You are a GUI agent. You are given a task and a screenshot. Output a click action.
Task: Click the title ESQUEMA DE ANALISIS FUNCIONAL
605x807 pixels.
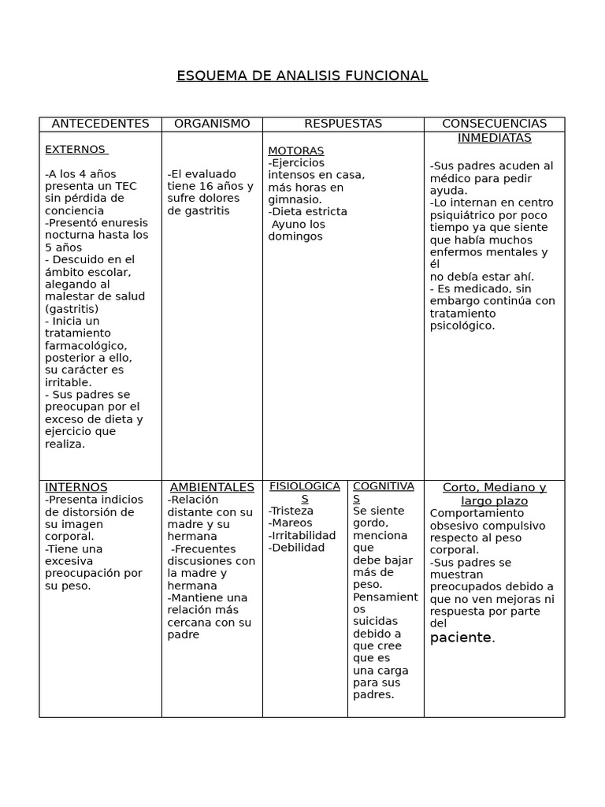click(x=302, y=76)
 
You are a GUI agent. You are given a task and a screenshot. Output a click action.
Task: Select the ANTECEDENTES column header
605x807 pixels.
click(x=100, y=124)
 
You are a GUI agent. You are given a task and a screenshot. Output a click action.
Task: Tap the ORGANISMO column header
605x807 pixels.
click(x=212, y=124)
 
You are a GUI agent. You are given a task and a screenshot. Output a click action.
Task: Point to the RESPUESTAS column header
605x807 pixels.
click(x=343, y=124)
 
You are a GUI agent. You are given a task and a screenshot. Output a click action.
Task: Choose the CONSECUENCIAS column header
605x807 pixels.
click(x=494, y=124)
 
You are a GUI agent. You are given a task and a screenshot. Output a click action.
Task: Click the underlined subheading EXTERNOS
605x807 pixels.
click(x=75, y=149)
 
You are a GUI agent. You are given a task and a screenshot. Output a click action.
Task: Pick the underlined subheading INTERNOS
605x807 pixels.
click(x=76, y=487)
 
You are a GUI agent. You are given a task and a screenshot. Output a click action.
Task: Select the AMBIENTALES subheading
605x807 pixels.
click(x=212, y=487)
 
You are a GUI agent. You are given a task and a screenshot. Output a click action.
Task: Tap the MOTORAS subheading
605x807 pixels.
click(x=295, y=151)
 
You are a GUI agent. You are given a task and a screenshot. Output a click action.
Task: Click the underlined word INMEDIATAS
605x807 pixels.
click(x=494, y=138)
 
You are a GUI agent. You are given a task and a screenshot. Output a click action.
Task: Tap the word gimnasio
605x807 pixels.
click(x=294, y=199)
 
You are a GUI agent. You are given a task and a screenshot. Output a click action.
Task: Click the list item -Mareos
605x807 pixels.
click(x=290, y=523)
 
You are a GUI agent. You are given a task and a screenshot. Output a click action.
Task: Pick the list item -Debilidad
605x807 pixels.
click(x=296, y=548)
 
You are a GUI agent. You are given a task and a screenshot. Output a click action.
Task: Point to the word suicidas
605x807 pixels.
click(x=376, y=621)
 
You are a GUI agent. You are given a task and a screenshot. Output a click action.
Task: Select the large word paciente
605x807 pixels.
click(x=460, y=638)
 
